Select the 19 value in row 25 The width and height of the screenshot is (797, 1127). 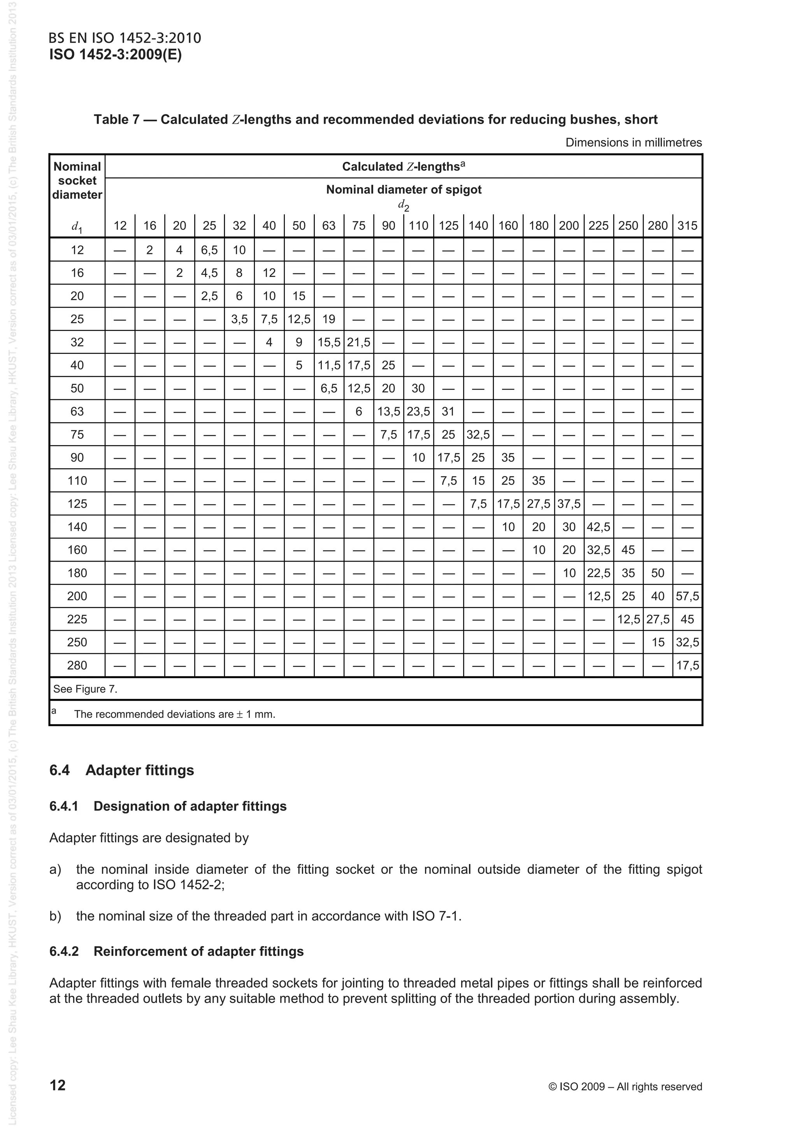328,320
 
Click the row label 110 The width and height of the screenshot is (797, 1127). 77,481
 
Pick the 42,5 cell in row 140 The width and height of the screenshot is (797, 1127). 598,527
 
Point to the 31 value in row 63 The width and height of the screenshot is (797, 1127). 448,412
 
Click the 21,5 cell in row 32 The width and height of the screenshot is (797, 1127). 358,343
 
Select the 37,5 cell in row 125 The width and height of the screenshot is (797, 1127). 569,504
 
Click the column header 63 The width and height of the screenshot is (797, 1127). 328,226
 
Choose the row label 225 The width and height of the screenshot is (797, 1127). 77,619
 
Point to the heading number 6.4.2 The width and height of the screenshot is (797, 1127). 64,951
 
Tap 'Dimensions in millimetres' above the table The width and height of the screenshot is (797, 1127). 634,143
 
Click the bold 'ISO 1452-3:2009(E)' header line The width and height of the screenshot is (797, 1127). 116,54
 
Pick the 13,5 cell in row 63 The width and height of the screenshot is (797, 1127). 388,412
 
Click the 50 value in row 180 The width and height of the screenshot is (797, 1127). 658,573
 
